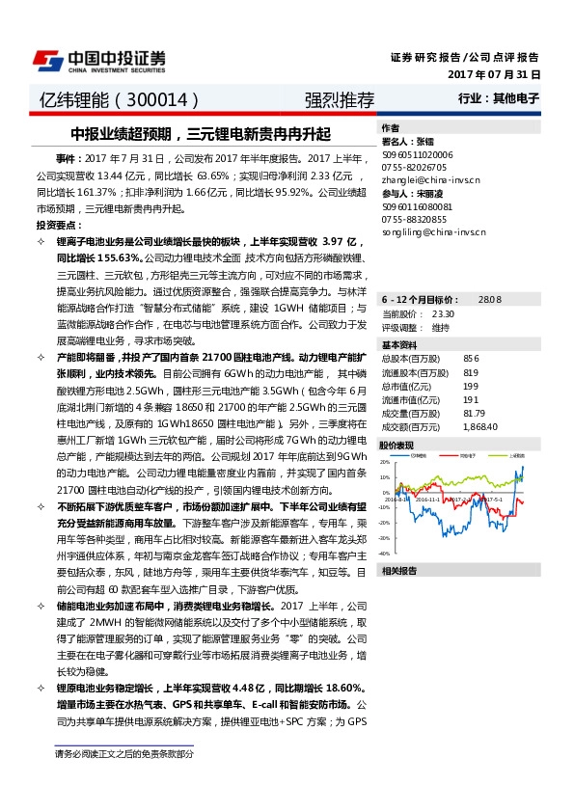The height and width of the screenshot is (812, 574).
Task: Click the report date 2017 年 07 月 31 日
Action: (x=495, y=73)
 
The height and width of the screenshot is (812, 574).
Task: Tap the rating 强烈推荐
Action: (x=339, y=99)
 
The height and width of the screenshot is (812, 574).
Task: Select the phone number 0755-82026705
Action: (x=413, y=166)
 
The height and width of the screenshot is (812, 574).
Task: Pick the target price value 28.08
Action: (x=490, y=300)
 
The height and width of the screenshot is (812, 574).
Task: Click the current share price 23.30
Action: (x=444, y=314)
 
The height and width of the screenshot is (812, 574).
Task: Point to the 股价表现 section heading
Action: (x=396, y=446)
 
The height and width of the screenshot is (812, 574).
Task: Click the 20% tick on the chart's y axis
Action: (x=385, y=462)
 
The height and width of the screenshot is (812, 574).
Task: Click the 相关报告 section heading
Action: (x=396, y=572)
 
